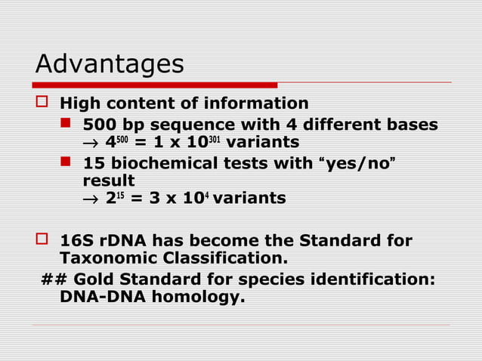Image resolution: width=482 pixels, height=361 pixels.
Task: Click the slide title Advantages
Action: coord(110,64)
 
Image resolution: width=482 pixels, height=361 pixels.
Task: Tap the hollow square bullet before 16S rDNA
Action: coord(42,242)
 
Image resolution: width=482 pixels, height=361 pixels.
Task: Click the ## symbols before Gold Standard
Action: coord(54,279)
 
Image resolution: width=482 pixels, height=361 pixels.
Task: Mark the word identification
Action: coord(363,279)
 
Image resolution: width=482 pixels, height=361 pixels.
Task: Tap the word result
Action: coord(108,180)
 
